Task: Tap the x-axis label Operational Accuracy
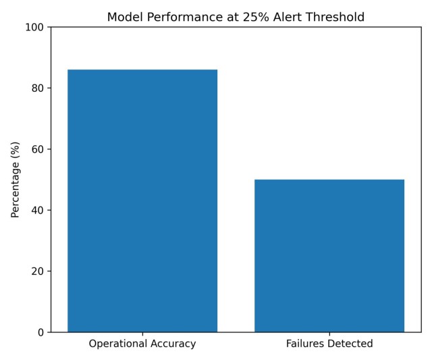[142, 344]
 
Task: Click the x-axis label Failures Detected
[329, 344]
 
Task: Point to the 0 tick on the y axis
[41, 332]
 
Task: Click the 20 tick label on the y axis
[38, 272]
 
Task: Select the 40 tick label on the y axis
[38, 210]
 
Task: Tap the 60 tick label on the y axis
[38, 149]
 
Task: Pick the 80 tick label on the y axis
[38, 88]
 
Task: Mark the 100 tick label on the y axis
[36, 27]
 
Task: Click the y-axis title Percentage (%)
[15, 180]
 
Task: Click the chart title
[236, 17]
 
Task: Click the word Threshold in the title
[337, 17]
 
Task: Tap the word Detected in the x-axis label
[350, 344]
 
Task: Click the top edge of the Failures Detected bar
[329, 180]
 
